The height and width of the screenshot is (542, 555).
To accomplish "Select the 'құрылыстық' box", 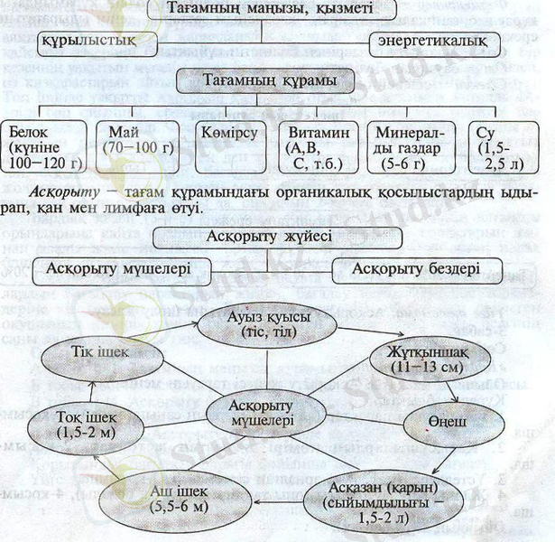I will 88,42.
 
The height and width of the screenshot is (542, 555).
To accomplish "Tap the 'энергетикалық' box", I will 434,42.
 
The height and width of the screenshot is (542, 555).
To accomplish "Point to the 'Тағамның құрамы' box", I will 269,81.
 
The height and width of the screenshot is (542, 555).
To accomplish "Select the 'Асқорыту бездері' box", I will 414,269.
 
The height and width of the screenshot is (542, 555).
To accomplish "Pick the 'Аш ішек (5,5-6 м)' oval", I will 153,492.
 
